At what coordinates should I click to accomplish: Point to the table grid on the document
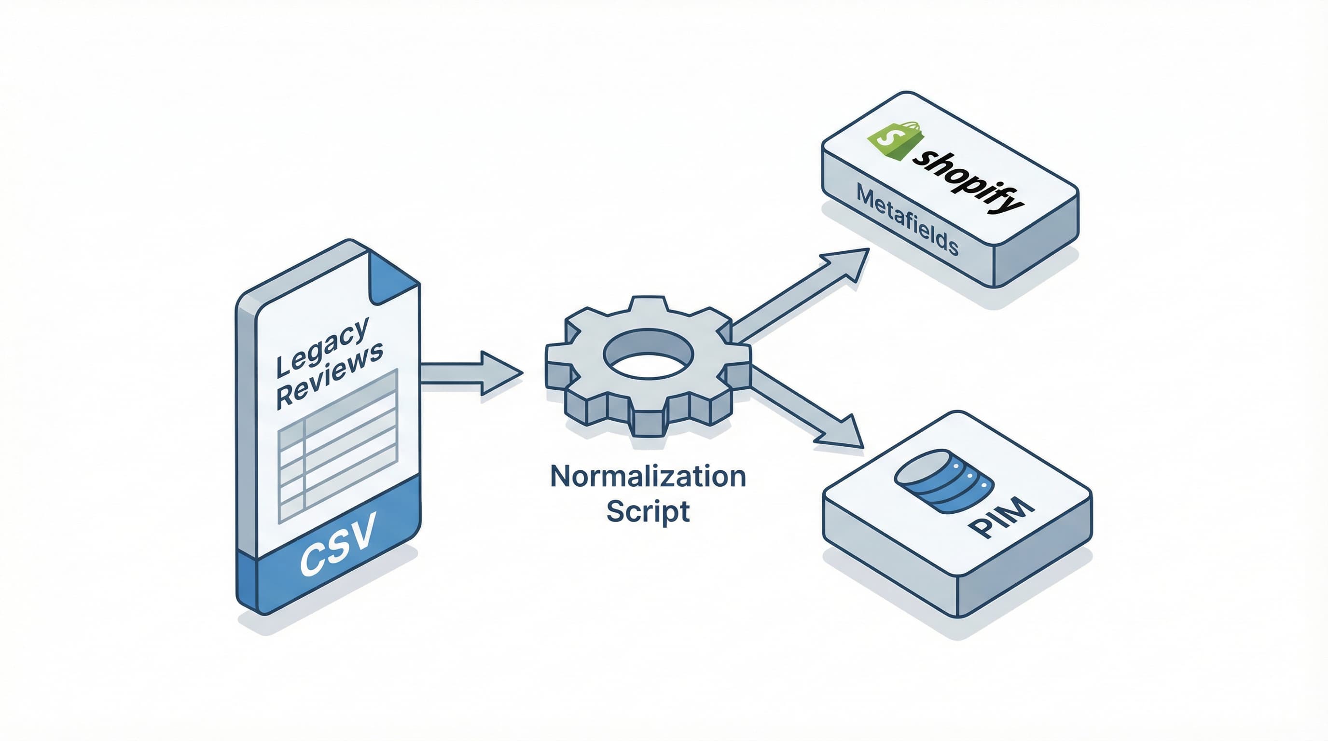[x=338, y=446]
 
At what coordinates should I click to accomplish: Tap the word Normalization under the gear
[x=648, y=477]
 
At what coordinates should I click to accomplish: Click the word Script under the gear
[x=648, y=511]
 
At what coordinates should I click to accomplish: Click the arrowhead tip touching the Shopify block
[x=868, y=250]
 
